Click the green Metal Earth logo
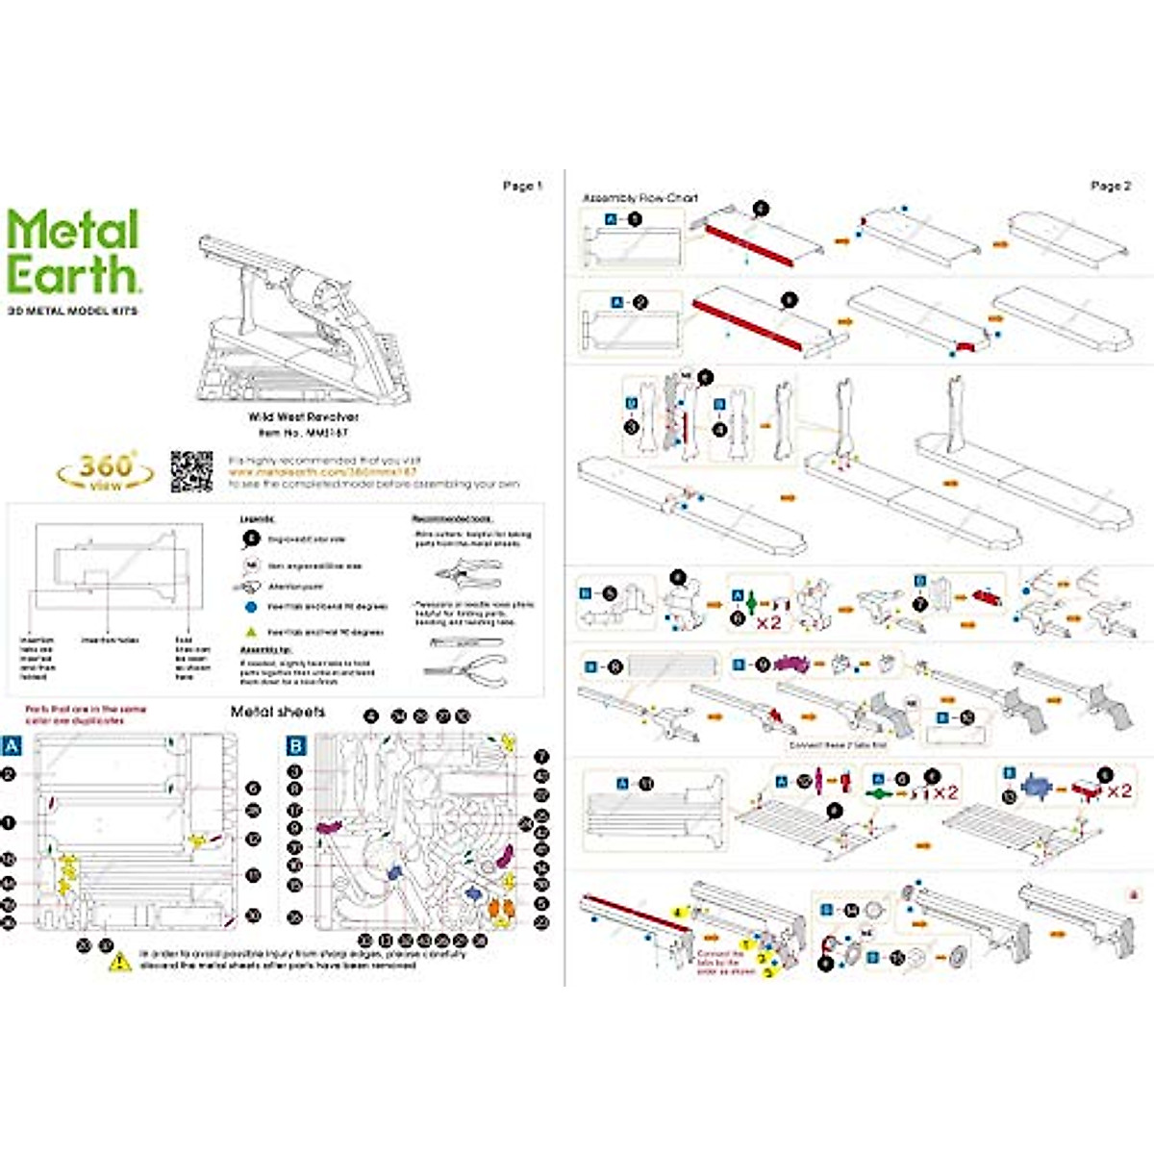74,252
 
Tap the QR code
191,470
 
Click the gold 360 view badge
105,470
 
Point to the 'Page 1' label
522,186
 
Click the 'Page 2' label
1111,186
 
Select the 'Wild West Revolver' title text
303,417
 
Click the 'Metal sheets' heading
278,712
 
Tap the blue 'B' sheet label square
296,746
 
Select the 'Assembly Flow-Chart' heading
640,198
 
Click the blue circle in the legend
250,608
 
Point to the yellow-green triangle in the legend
250,632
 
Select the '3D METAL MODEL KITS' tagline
72,311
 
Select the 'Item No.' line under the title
303,433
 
